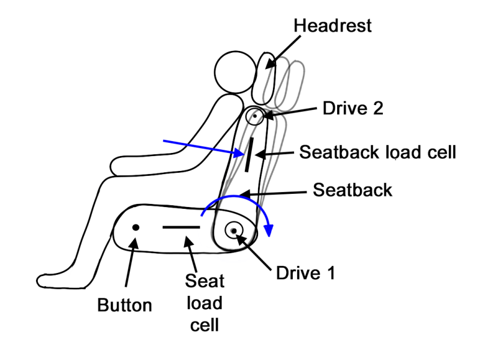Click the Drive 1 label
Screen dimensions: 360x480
click(x=304, y=273)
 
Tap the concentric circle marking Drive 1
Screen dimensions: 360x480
click(x=233, y=230)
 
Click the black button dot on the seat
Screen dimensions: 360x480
click(x=136, y=227)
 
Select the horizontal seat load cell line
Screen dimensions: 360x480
click(x=181, y=228)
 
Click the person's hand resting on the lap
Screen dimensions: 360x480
click(x=123, y=165)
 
